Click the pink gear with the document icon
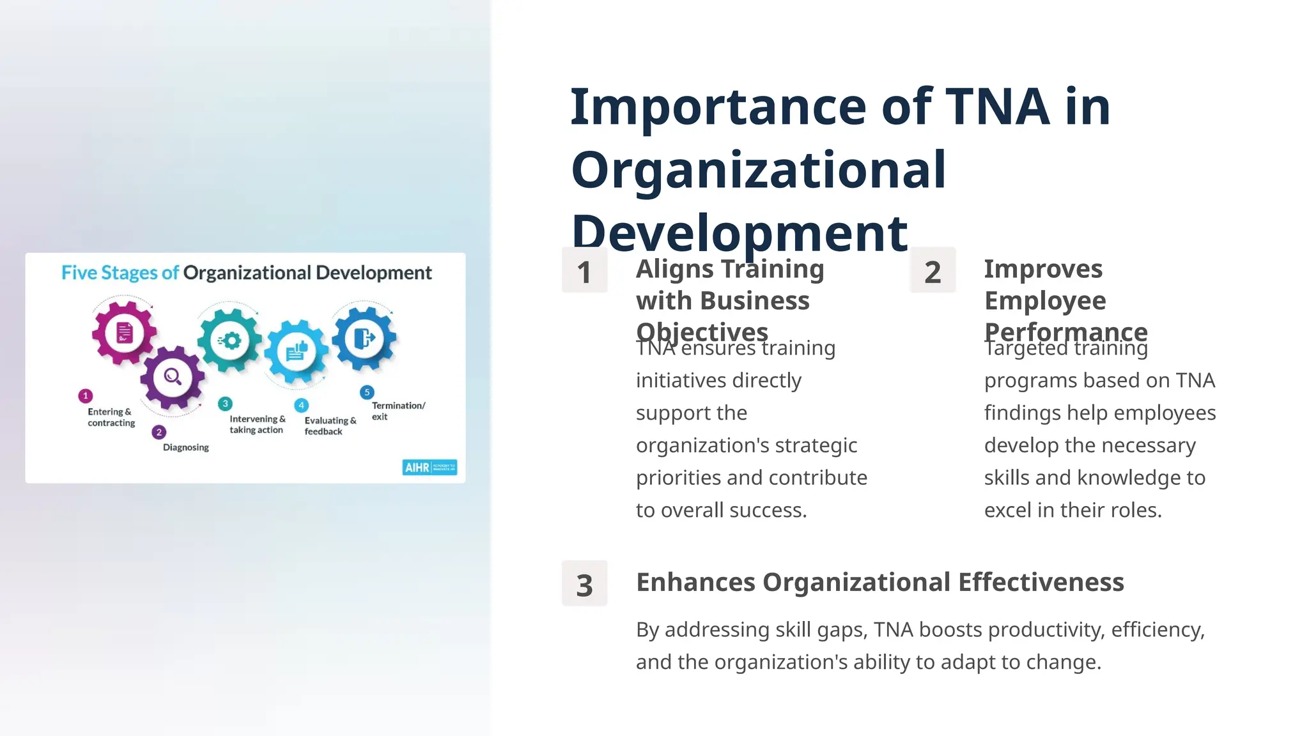pyautogui.click(x=124, y=332)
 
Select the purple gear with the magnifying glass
pyautogui.click(x=173, y=377)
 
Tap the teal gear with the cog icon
pyautogui.click(x=230, y=340)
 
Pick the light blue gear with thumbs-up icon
pyautogui.click(x=297, y=351)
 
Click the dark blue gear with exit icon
pyautogui.click(x=364, y=337)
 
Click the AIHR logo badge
pyautogui.click(x=430, y=467)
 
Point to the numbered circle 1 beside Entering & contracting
pyautogui.click(x=86, y=396)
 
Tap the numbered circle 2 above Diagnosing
pyautogui.click(x=159, y=433)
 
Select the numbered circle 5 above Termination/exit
pyautogui.click(x=367, y=392)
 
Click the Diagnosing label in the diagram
pyautogui.click(x=186, y=447)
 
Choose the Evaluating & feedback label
pyautogui.click(x=330, y=425)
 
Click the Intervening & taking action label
pyautogui.click(x=257, y=424)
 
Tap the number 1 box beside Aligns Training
pyautogui.click(x=584, y=271)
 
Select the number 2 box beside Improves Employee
pyautogui.click(x=933, y=271)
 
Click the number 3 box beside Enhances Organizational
pyautogui.click(x=584, y=584)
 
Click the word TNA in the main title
pyautogui.click(x=997, y=107)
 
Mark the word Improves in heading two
pyautogui.click(x=1043, y=269)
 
